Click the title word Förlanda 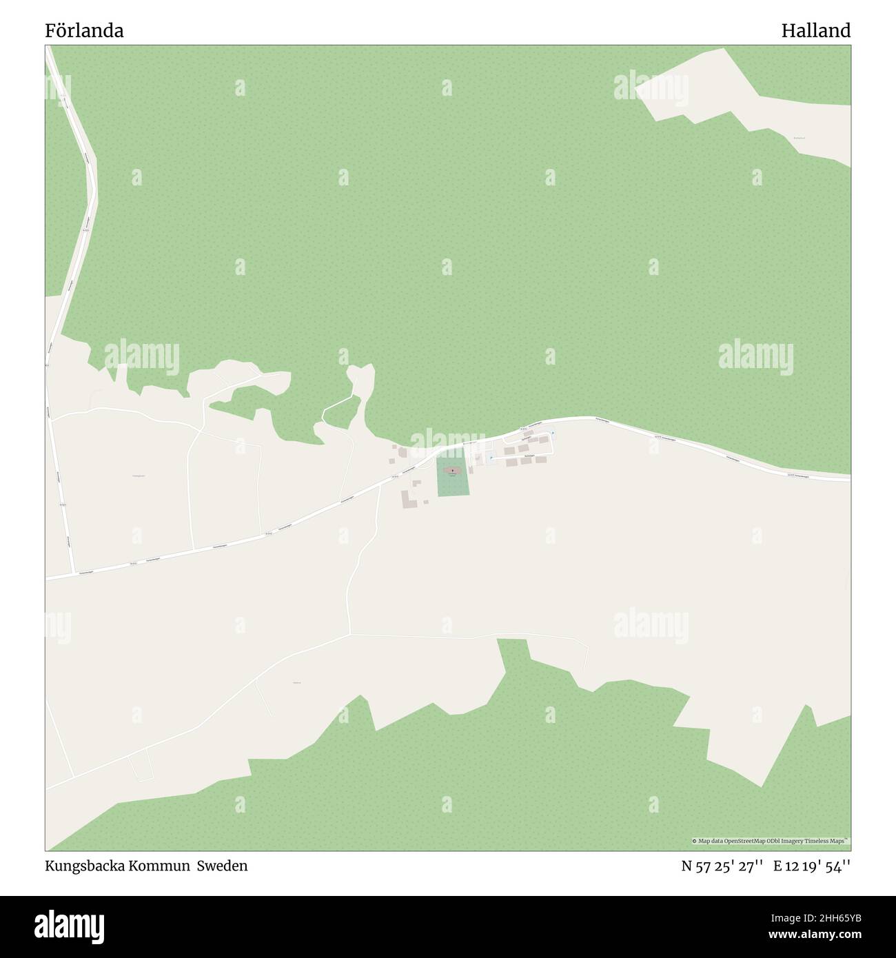click(x=85, y=30)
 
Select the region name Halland click(x=816, y=30)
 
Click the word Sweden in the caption click(x=222, y=866)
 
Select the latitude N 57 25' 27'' click(x=722, y=866)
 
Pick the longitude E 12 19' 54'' click(x=812, y=866)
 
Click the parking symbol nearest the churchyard click(x=490, y=458)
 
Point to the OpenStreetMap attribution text click(x=771, y=841)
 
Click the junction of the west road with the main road click(x=72, y=573)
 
